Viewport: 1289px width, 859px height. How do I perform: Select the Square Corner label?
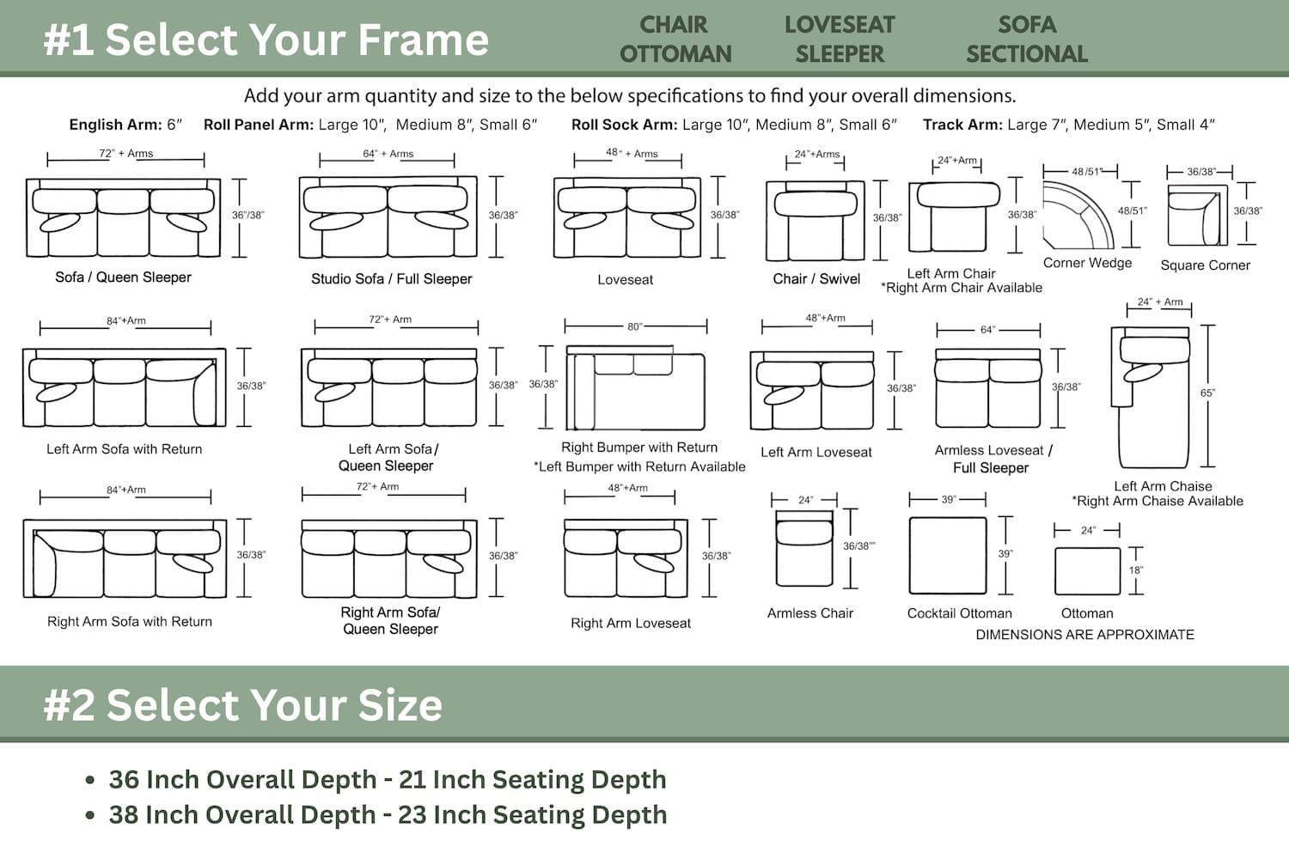pyautogui.click(x=1205, y=265)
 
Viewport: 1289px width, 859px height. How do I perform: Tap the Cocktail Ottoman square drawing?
pyautogui.click(x=948, y=556)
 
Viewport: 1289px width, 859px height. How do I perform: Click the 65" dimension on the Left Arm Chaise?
pyautogui.click(x=1207, y=393)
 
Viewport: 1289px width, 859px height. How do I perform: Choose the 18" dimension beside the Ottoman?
pyautogui.click(x=1135, y=570)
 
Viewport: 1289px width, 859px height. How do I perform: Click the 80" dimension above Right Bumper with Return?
pyautogui.click(x=635, y=326)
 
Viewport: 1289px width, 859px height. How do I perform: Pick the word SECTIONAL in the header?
pyautogui.click(x=1027, y=54)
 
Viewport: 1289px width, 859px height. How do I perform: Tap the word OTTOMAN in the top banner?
pyautogui.click(x=675, y=54)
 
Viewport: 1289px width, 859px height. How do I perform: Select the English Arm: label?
pyautogui.click(x=116, y=125)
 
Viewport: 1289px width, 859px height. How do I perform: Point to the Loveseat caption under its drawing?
pyautogui.click(x=625, y=280)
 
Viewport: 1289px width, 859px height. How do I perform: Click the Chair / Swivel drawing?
pyautogui.click(x=815, y=221)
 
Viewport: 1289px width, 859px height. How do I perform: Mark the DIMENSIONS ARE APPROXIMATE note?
pyautogui.click(x=1084, y=635)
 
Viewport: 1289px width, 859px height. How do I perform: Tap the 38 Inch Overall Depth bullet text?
pyautogui.click(x=388, y=814)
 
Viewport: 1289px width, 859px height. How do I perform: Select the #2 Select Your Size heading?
pyautogui.click(x=243, y=704)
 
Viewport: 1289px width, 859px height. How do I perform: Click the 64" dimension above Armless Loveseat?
pyautogui.click(x=987, y=330)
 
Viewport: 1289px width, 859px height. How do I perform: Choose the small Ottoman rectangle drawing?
pyautogui.click(x=1087, y=570)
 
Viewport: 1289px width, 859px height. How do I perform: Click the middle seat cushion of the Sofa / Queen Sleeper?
pyautogui.click(x=123, y=222)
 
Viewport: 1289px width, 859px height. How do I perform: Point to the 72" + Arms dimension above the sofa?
pyautogui.click(x=126, y=154)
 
